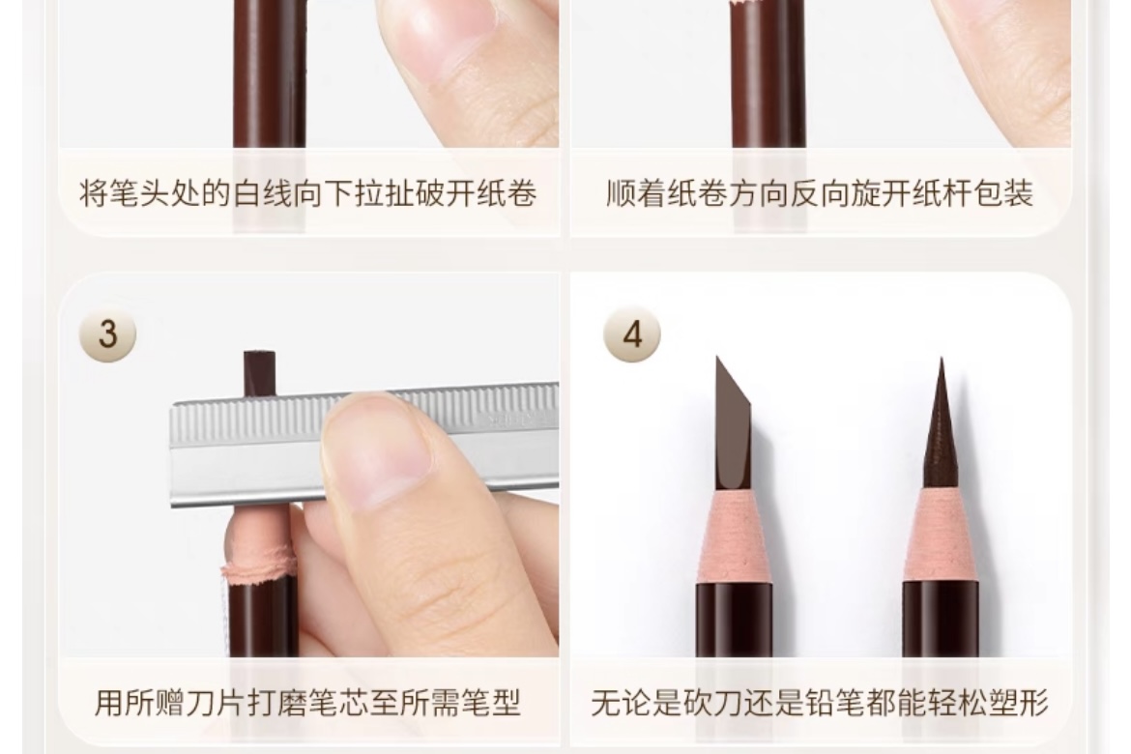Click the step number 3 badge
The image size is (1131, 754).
pyautogui.click(x=107, y=334)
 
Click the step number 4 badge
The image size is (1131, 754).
pyautogui.click(x=632, y=334)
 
